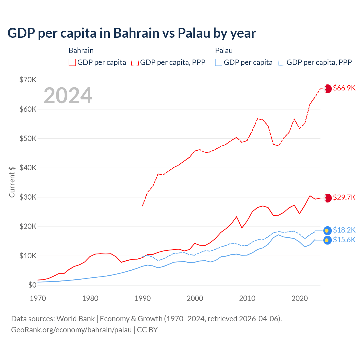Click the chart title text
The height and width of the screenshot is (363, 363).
[x=132, y=33]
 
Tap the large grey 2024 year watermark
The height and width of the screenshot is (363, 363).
[x=68, y=95]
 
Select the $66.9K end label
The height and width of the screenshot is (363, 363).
[x=344, y=88]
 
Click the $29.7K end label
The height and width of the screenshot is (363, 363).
[x=344, y=197]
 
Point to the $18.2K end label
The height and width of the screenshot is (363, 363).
[x=344, y=230]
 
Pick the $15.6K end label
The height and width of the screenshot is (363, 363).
[x=344, y=240]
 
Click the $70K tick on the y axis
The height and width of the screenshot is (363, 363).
[x=28, y=80]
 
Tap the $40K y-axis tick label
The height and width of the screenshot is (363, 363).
[x=28, y=168]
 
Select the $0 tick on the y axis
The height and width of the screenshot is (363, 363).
[x=32, y=285]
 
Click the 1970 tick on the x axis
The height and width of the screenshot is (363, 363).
[x=38, y=298]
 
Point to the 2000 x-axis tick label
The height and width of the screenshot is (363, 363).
[x=195, y=298]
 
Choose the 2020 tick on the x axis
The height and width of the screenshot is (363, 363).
[x=300, y=298]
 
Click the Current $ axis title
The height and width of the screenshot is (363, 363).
[x=12, y=182]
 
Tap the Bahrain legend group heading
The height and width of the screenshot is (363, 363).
[x=81, y=50]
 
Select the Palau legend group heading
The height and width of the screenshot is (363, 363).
[x=224, y=50]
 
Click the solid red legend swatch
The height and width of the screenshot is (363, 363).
[x=72, y=62]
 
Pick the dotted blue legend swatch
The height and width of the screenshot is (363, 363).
[x=282, y=62]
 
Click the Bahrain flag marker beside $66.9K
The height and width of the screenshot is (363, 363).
[x=328, y=88]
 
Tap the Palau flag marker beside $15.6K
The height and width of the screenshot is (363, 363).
[x=327, y=240]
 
